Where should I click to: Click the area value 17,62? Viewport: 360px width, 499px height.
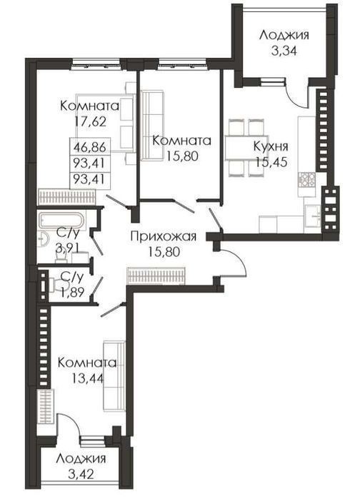[x=90, y=121]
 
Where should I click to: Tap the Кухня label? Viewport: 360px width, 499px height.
[x=271, y=146]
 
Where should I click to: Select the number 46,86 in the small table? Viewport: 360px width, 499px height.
[x=90, y=147]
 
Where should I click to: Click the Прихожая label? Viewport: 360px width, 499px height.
[x=164, y=236]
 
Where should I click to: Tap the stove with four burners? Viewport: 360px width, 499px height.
[x=307, y=179]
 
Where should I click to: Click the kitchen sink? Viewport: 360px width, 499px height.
[x=313, y=216]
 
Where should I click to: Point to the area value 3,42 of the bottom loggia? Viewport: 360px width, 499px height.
[x=81, y=475]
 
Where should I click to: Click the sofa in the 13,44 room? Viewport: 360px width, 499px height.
[x=114, y=376]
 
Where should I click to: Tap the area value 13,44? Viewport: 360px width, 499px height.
[x=88, y=378]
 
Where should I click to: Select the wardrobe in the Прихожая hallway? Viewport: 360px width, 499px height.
[x=156, y=275]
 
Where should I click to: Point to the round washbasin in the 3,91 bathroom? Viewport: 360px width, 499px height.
[x=43, y=239]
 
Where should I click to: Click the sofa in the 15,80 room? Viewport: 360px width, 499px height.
[x=152, y=126]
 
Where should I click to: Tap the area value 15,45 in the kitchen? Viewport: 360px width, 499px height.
[x=271, y=161]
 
